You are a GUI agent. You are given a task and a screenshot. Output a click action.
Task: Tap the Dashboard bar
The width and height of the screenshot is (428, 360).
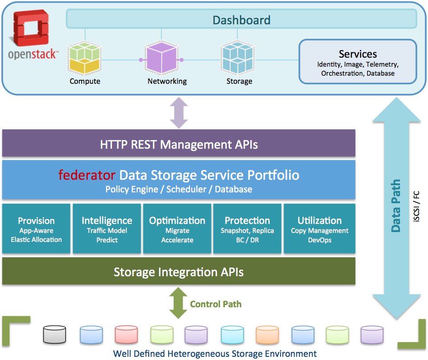click(x=241, y=20)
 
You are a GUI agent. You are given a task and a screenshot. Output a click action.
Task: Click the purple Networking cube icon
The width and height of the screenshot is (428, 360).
click(x=162, y=59)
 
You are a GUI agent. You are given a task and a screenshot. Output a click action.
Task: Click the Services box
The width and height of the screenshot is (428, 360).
click(x=358, y=62)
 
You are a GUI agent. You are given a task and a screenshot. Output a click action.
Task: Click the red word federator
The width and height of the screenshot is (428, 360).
click(x=87, y=175)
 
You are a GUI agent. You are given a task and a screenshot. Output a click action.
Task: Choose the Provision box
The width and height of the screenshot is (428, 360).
click(x=36, y=229)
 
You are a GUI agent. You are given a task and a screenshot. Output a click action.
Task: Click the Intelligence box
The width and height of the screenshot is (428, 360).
click(x=107, y=229)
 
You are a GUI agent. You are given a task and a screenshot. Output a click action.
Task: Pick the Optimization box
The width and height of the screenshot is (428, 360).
click(x=177, y=229)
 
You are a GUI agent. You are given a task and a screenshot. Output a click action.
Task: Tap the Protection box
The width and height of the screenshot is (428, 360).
click(x=247, y=229)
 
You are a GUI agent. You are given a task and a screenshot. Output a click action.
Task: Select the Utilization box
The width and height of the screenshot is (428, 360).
click(x=319, y=229)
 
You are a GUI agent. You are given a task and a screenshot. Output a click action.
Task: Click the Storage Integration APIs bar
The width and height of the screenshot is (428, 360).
click(x=179, y=272)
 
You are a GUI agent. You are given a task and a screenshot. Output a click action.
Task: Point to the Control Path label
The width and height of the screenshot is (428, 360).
click(x=216, y=304)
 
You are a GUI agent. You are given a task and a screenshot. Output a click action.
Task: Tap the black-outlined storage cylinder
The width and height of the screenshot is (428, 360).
click(x=55, y=335)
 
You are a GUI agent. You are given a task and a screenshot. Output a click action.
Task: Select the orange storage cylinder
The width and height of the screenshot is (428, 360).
click(x=267, y=335)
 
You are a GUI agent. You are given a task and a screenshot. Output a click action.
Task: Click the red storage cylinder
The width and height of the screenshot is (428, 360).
click(x=126, y=335)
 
